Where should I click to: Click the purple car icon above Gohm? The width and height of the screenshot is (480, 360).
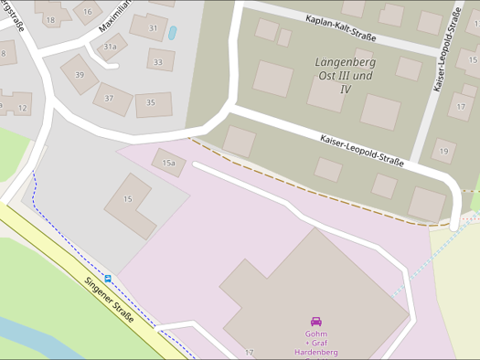(316, 322)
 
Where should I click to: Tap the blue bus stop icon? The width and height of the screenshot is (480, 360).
(108, 279)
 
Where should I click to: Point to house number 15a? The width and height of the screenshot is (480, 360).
(168, 163)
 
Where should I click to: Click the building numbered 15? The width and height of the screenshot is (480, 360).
(128, 198)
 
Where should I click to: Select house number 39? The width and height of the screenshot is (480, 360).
(80, 75)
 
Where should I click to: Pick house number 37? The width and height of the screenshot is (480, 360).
(110, 99)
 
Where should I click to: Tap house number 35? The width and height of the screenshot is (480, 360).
(150, 102)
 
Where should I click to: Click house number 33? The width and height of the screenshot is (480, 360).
(159, 63)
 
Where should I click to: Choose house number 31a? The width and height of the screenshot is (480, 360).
(110, 46)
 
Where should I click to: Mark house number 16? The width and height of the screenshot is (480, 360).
(87, 11)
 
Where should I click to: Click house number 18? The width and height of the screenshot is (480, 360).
(50, 19)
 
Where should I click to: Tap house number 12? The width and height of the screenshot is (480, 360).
(22, 108)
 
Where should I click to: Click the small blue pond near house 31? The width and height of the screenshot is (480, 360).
(173, 32)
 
